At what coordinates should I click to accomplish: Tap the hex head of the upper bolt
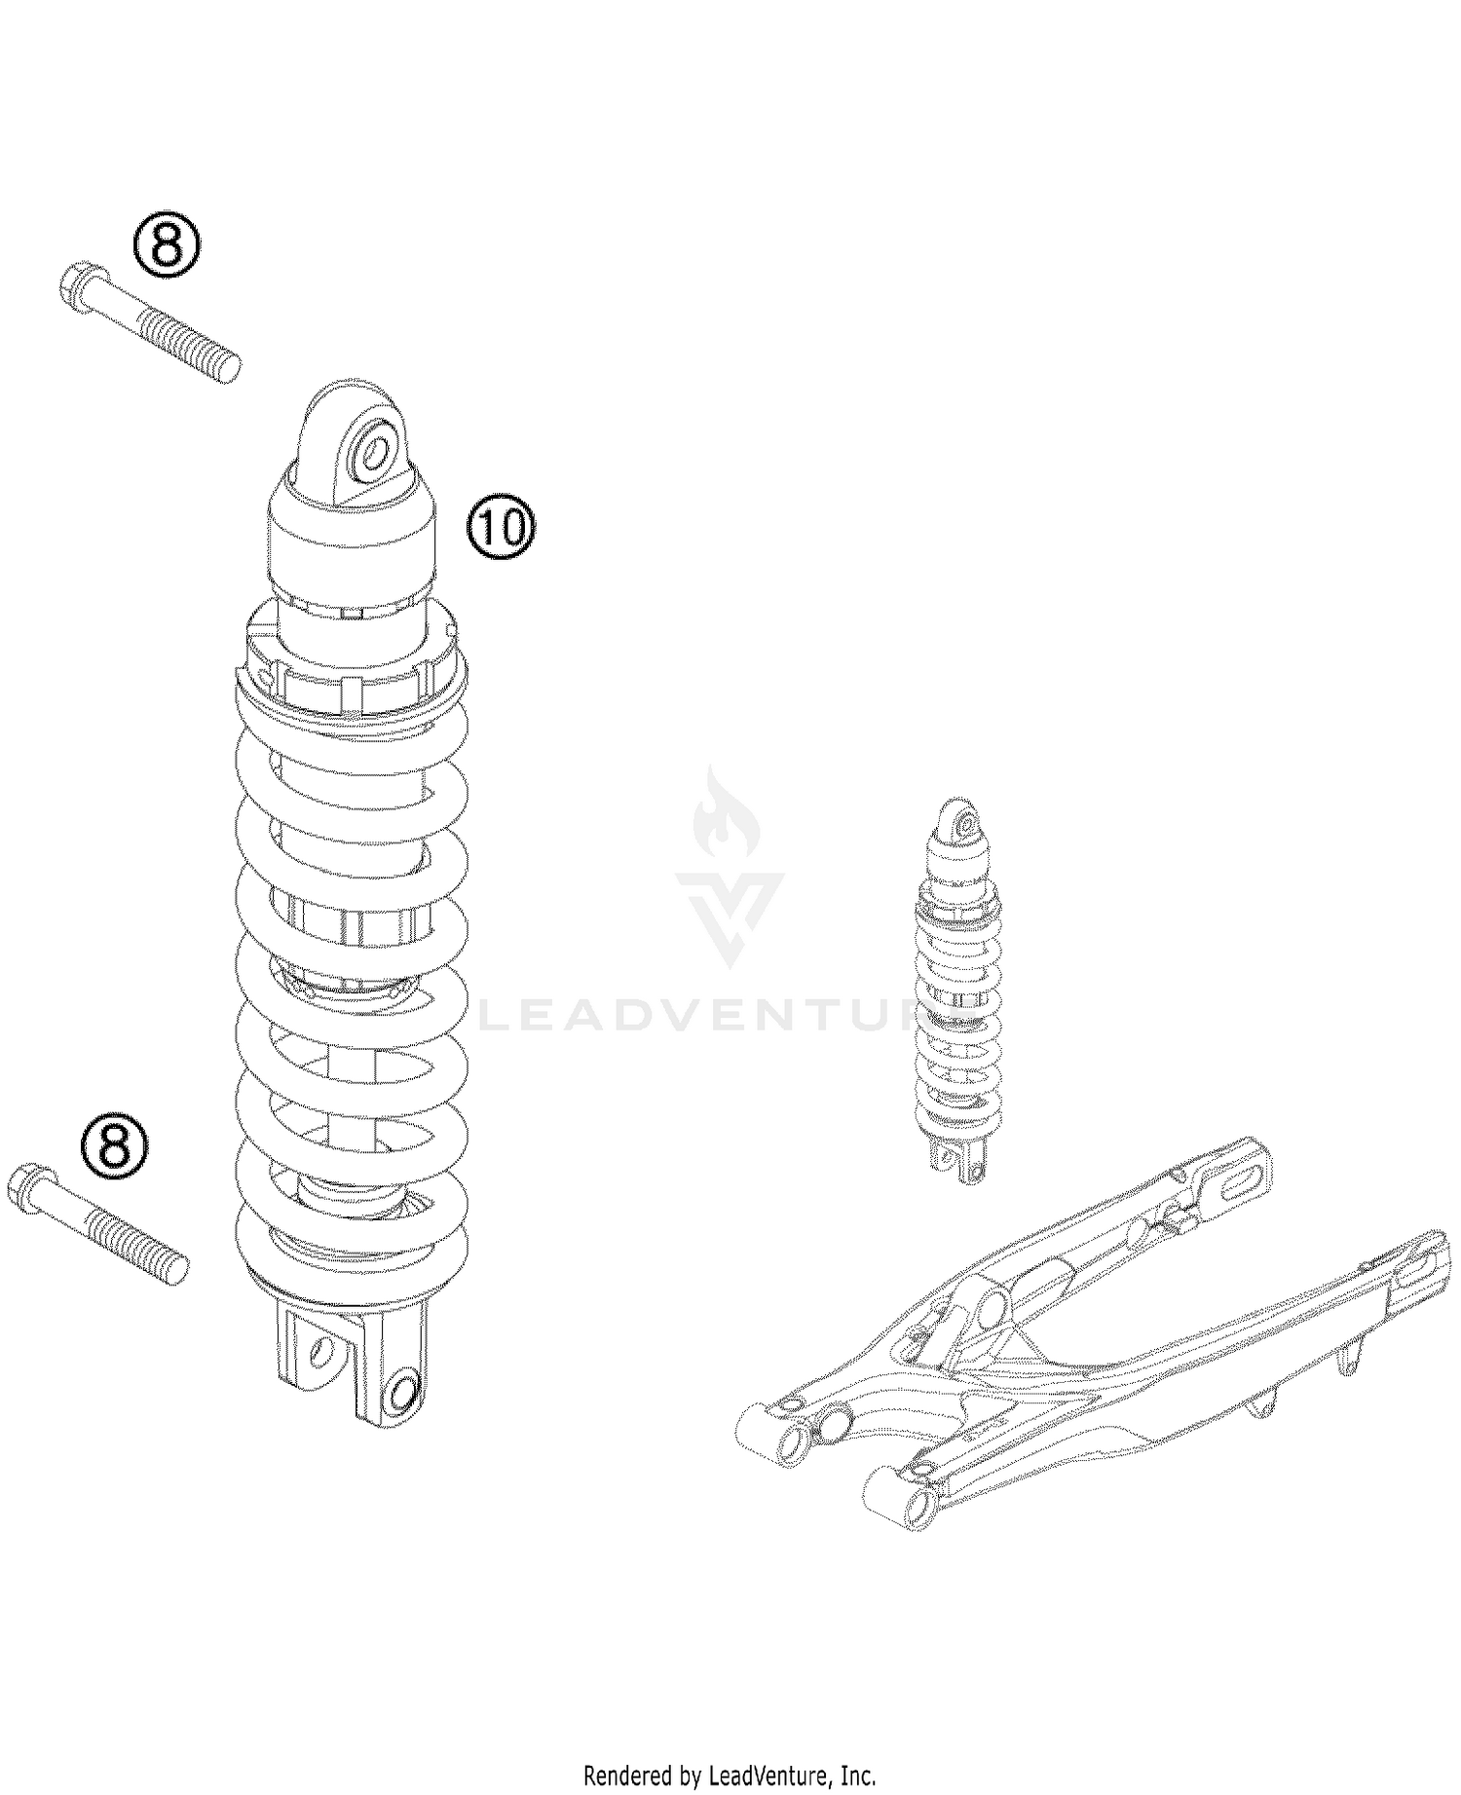[x=76, y=285]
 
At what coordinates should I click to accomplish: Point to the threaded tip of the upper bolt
[x=230, y=369]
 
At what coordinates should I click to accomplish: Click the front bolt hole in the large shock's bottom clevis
[x=402, y=1391]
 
